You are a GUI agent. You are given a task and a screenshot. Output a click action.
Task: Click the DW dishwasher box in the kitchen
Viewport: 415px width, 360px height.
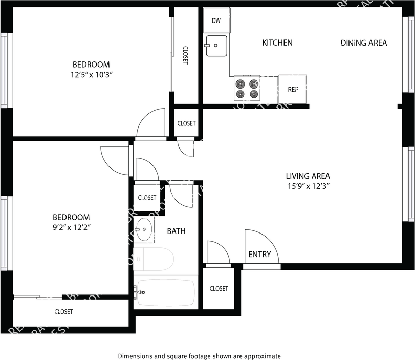click(216, 22)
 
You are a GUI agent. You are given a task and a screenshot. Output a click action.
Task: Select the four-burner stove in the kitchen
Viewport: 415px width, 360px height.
click(246, 89)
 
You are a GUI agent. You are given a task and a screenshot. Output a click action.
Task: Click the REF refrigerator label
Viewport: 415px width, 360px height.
click(293, 89)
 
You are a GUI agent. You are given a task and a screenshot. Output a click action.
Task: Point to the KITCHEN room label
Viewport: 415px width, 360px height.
click(277, 43)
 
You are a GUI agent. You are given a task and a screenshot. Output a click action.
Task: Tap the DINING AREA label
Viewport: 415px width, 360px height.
click(364, 43)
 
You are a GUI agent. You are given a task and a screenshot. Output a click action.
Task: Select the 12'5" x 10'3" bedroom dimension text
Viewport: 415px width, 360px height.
click(91, 75)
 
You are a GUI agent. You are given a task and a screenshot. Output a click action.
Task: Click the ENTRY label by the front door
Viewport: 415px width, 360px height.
click(259, 255)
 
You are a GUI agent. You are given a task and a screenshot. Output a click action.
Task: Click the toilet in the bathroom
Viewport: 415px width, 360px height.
click(156, 259)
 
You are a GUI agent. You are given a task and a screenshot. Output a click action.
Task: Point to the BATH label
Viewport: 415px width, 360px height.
click(177, 231)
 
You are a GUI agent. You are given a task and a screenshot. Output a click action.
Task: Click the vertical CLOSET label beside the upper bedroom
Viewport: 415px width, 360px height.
click(185, 55)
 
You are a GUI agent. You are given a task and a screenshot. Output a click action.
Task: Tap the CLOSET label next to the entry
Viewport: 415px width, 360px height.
click(219, 289)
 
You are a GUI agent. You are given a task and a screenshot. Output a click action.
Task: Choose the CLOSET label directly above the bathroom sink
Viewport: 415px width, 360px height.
click(147, 198)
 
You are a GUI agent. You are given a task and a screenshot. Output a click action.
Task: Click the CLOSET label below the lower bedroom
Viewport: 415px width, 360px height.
click(64, 312)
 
